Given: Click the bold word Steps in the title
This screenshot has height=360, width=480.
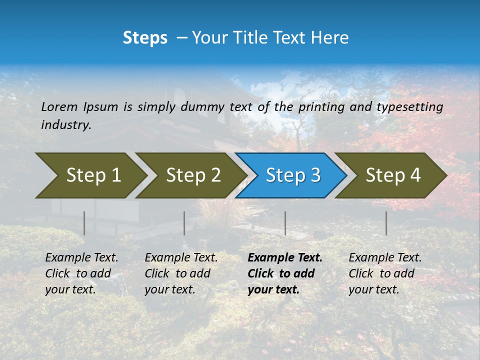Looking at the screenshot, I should point(145,38).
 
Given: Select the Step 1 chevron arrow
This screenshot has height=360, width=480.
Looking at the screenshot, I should point(90,175).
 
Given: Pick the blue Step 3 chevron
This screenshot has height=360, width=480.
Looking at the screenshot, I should point(292,175).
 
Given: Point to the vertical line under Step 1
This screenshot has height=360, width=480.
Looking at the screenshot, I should point(84,223).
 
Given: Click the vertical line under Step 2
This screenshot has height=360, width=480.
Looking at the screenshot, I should point(184,223).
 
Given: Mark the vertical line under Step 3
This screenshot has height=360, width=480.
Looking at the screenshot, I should point(285,223).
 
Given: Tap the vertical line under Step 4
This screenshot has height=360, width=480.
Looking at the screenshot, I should point(386,223).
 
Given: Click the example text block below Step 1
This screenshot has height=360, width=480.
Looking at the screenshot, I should point(81,273).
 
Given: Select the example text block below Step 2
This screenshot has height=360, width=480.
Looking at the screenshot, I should point(181,273).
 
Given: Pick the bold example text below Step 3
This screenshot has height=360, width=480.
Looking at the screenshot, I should point(285,273).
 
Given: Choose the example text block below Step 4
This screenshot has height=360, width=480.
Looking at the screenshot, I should point(385,273).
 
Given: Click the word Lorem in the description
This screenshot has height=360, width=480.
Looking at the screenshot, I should point(59,107).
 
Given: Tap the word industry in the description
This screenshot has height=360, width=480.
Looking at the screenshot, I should point(66,125).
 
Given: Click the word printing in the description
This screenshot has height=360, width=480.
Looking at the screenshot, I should point(321,107).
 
